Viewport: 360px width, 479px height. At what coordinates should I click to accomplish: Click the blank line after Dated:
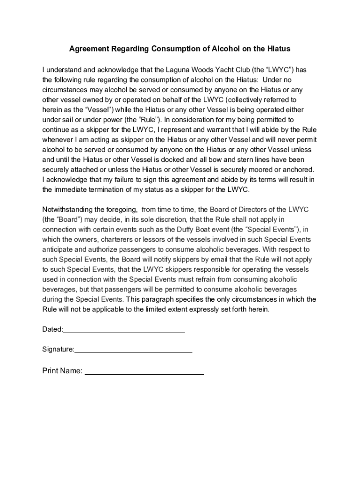[124, 330]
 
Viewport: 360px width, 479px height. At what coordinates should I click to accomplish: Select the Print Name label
[62, 371]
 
